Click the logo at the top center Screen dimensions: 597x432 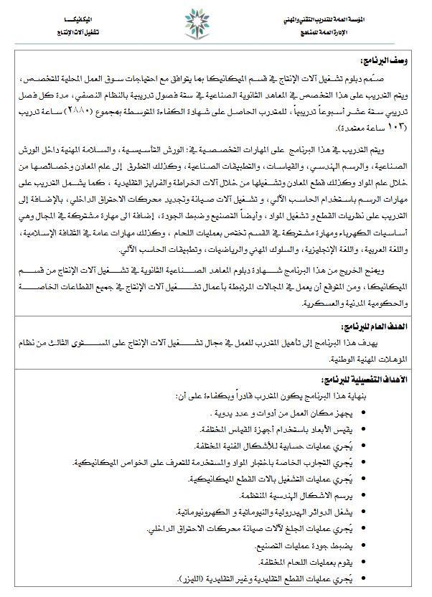[x=214, y=27]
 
